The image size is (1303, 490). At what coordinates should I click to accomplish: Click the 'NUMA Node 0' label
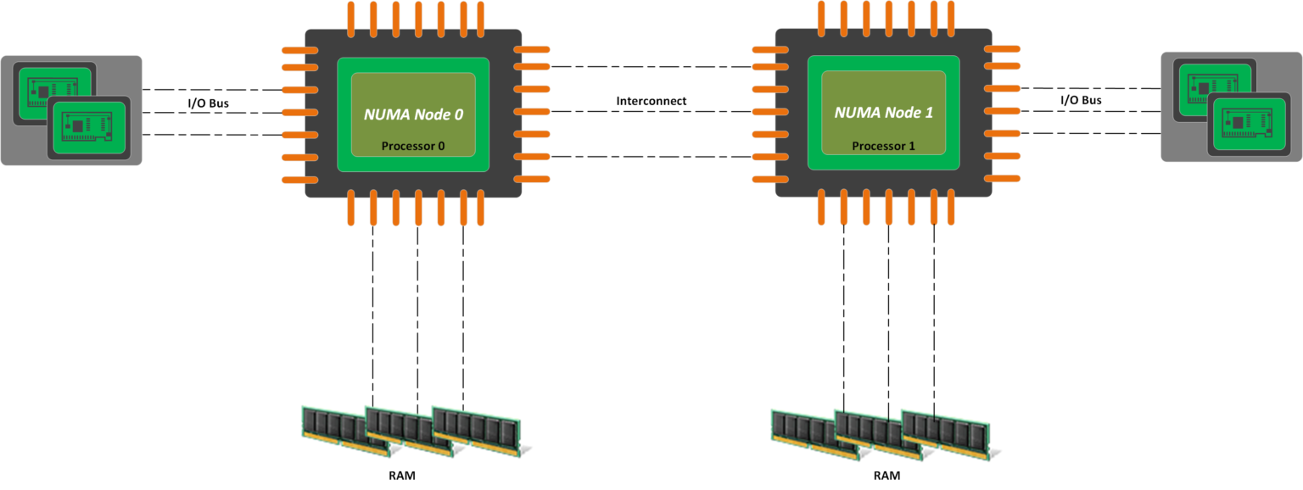pyautogui.click(x=413, y=114)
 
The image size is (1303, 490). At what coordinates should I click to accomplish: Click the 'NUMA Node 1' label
pyautogui.click(x=883, y=112)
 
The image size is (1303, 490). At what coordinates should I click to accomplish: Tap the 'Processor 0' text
pyautogui.click(x=413, y=146)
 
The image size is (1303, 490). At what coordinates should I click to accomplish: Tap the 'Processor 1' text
pyautogui.click(x=883, y=146)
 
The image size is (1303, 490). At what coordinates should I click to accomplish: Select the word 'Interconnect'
pyautogui.click(x=651, y=101)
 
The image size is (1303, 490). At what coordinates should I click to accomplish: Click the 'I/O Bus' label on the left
pyautogui.click(x=208, y=103)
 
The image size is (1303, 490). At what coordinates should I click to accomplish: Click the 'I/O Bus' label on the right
pyautogui.click(x=1081, y=100)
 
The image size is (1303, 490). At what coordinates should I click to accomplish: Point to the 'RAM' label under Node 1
pyautogui.click(x=886, y=476)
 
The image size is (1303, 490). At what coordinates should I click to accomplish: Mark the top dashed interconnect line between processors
pyautogui.click(x=651, y=66)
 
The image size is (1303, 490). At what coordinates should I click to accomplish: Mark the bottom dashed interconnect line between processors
pyautogui.click(x=651, y=157)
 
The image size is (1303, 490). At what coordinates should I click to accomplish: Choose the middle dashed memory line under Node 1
pyautogui.click(x=888, y=322)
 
